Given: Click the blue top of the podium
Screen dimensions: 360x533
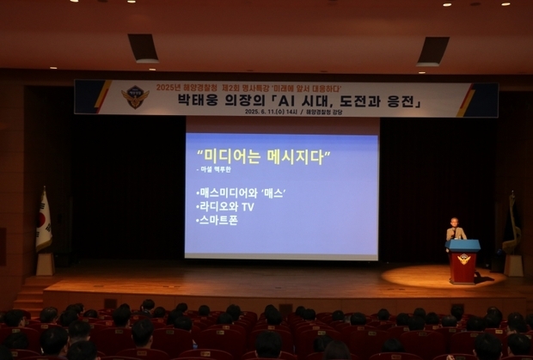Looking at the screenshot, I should [464, 245].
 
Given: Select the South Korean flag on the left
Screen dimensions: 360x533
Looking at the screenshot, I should [43, 223].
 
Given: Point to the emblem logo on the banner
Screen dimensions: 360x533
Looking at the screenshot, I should [134, 97].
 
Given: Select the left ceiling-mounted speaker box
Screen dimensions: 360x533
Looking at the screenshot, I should [144, 48].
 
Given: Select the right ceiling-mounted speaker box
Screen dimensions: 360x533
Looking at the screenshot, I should [433, 52].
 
